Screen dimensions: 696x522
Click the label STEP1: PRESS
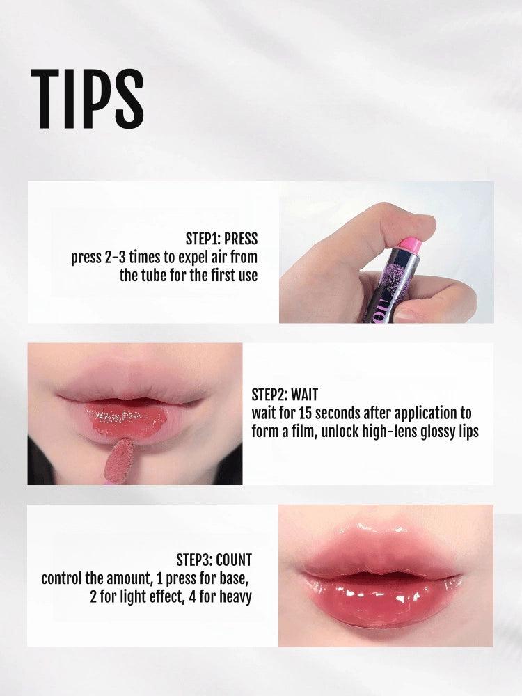[221, 239]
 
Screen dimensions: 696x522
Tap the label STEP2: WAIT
[284, 396]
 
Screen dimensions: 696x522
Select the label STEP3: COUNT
[214, 560]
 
